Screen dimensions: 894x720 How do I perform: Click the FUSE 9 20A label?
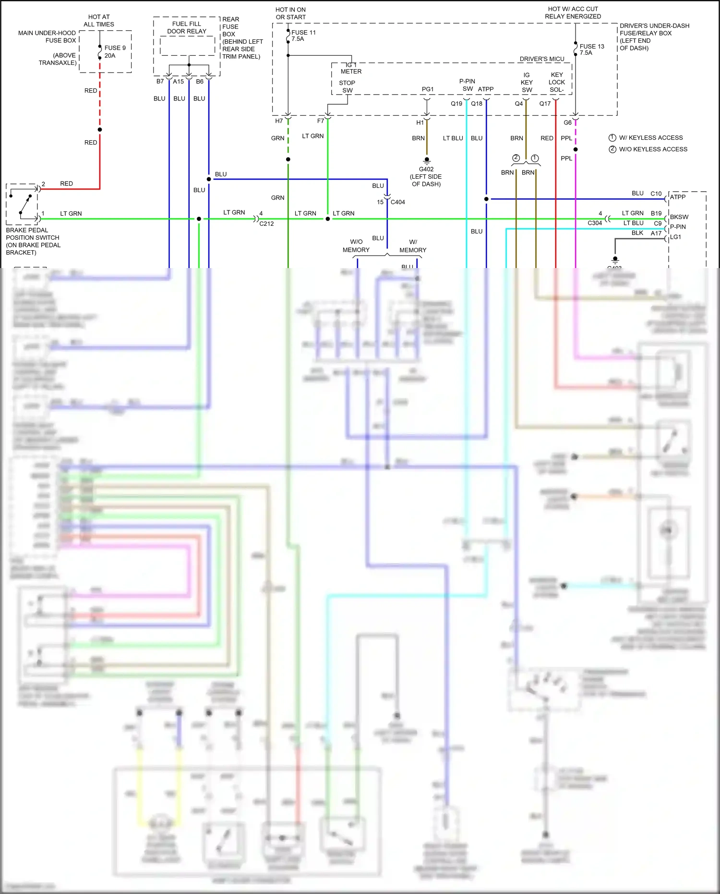tap(115, 51)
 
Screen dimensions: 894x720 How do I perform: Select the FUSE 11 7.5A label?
tap(303, 36)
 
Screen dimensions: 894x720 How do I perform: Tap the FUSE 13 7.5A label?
tap(591, 49)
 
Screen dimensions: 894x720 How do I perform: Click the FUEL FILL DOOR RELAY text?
tap(187, 27)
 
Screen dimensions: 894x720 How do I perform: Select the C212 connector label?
tap(266, 223)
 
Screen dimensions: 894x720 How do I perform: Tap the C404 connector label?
tap(397, 202)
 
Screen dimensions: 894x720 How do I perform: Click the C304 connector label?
tap(594, 223)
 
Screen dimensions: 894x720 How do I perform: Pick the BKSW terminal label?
tap(679, 217)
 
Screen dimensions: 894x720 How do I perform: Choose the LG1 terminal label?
tap(675, 237)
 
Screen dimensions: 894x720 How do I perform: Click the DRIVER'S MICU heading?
tap(541, 59)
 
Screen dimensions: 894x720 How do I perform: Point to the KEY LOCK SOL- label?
tap(557, 82)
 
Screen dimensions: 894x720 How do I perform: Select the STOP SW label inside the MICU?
tap(347, 86)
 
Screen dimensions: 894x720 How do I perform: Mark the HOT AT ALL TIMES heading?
tap(99, 21)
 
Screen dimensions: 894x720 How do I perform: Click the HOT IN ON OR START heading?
tap(290, 13)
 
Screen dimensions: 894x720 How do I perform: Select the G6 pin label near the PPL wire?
tap(567, 122)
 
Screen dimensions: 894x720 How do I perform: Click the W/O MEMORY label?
tap(356, 245)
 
